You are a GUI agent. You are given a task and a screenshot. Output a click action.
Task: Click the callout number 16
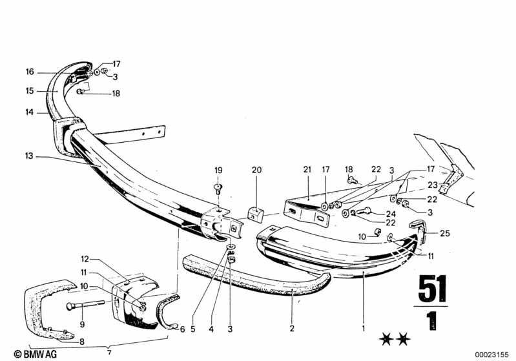[30, 72]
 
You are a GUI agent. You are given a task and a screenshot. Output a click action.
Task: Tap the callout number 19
[218, 170]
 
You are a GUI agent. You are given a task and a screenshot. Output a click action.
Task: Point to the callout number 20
[257, 170]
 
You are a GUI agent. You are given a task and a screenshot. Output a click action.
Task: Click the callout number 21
[307, 170]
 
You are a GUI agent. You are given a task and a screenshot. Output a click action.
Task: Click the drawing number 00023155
[493, 354]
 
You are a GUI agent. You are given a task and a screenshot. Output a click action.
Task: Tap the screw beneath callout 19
[218, 189]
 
